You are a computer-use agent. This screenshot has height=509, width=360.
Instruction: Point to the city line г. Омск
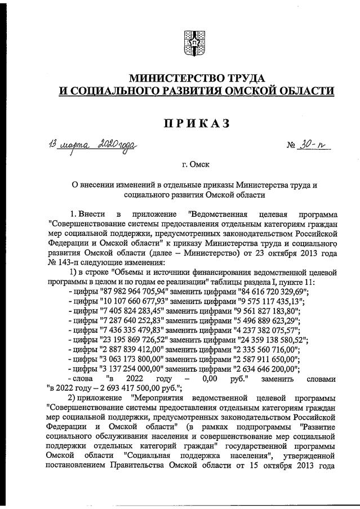coord(195,165)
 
